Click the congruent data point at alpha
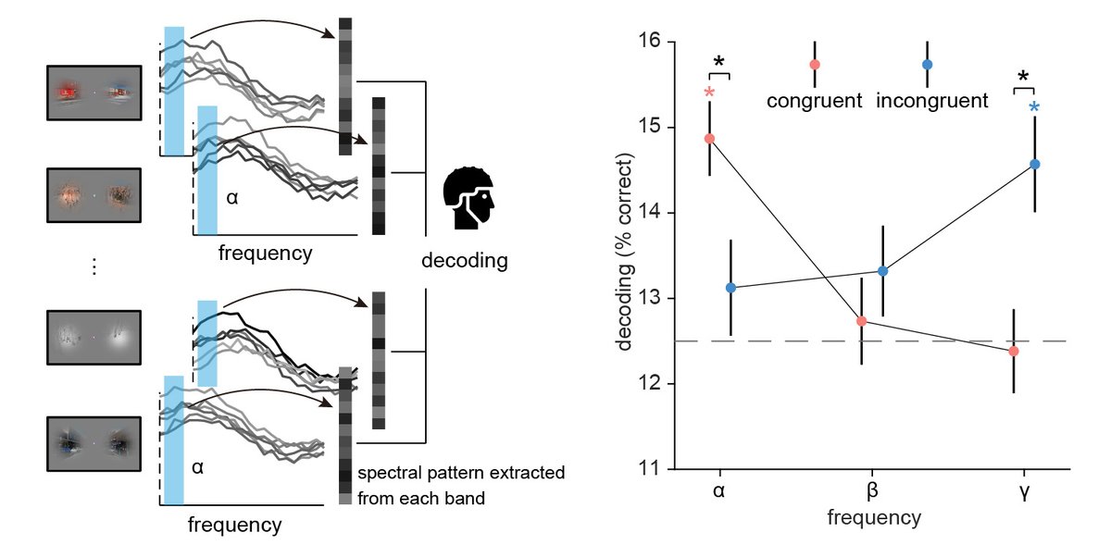coord(709,139)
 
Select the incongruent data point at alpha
coord(730,288)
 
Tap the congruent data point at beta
coord(862,321)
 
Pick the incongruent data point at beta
coord(883,271)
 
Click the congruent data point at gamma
coord(1014,351)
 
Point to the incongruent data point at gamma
coord(1035,164)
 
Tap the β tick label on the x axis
coord(872,490)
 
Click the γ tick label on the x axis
coord(1025,490)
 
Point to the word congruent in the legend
coord(814,99)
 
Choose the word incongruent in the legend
coord(932,99)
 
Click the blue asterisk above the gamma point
coord(1035,108)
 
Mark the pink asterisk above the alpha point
coord(709,93)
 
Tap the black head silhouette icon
coord(469,198)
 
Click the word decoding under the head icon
coord(465,260)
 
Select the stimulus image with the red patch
coord(93,93)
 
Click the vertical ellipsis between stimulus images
coord(93,267)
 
